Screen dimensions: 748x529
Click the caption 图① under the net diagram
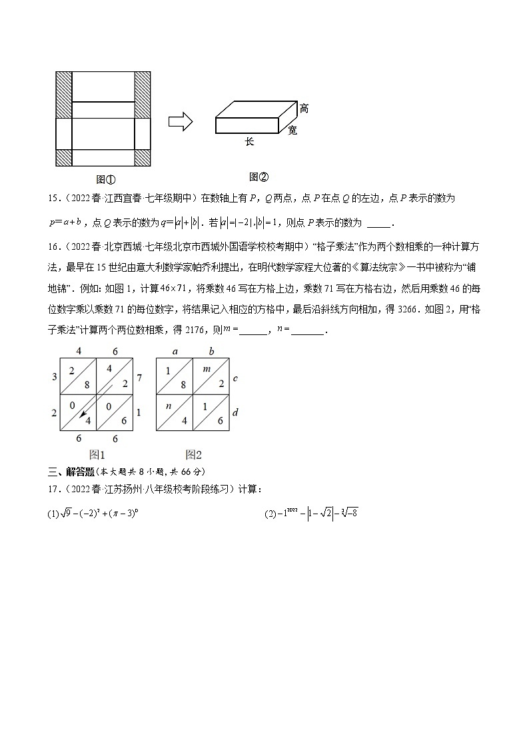(x=106, y=179)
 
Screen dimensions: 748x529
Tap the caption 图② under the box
(x=259, y=177)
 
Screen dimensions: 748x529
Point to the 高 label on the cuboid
(x=304, y=109)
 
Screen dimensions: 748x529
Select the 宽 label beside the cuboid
(x=292, y=131)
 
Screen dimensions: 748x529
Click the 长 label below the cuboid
(x=249, y=142)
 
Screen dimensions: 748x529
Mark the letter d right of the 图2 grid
(x=235, y=413)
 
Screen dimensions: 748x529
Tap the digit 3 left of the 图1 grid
(x=53, y=378)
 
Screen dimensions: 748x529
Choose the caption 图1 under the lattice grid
(x=97, y=455)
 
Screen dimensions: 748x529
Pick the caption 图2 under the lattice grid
(x=194, y=455)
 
